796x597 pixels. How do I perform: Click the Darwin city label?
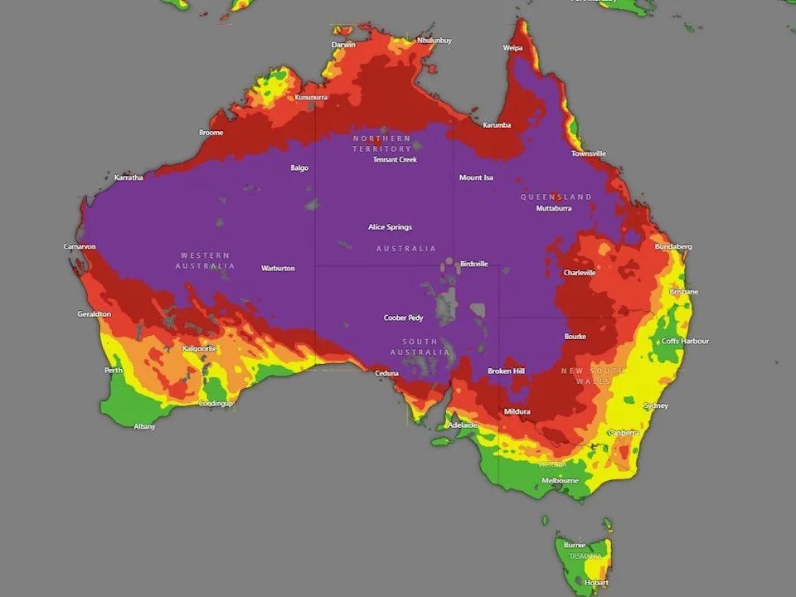(x=343, y=44)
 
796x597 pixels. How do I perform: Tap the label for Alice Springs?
(x=390, y=227)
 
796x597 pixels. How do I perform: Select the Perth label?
(x=114, y=371)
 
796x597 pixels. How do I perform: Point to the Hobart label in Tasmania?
(x=596, y=582)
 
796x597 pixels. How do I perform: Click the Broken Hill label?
(x=506, y=371)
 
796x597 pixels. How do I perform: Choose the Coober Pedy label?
(x=403, y=318)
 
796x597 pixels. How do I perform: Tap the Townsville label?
(x=588, y=153)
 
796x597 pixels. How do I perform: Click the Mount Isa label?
(x=476, y=177)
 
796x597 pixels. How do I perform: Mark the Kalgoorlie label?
(x=199, y=348)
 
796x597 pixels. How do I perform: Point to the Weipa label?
(x=512, y=48)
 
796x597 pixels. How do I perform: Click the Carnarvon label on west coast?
(x=80, y=246)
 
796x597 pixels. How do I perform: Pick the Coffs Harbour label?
(x=685, y=341)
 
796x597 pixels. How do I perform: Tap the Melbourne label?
(x=560, y=480)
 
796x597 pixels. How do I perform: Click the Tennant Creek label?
(x=395, y=159)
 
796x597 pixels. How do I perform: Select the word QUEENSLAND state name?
(x=556, y=197)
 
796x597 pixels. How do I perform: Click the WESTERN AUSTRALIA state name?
(x=205, y=260)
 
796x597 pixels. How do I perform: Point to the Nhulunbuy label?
(x=434, y=40)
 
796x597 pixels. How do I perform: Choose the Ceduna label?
(x=386, y=373)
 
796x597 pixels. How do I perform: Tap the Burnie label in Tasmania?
(x=575, y=545)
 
